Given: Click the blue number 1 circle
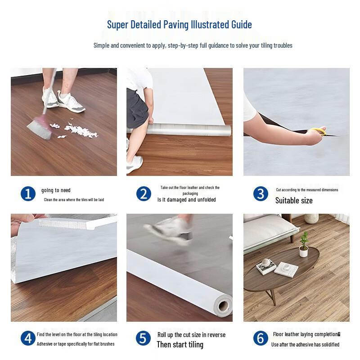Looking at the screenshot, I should point(28,194).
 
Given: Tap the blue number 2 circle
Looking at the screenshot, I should point(144,194).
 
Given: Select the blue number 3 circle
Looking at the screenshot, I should point(261,194).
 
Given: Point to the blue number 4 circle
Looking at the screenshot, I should point(28,338).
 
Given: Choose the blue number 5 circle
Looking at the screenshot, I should point(144,338).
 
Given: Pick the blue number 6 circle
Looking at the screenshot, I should point(261,338).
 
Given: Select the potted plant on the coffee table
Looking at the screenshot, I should point(304,243).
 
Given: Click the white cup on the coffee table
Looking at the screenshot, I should point(266,262).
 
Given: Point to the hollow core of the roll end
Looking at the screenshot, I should point(223,307).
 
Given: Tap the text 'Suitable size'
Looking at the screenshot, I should point(294,200).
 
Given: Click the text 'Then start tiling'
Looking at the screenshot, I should point(180,345).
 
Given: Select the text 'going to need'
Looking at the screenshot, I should point(56,190).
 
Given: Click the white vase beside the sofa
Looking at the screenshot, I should point(310,218).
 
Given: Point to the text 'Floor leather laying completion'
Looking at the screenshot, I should point(306,334).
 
